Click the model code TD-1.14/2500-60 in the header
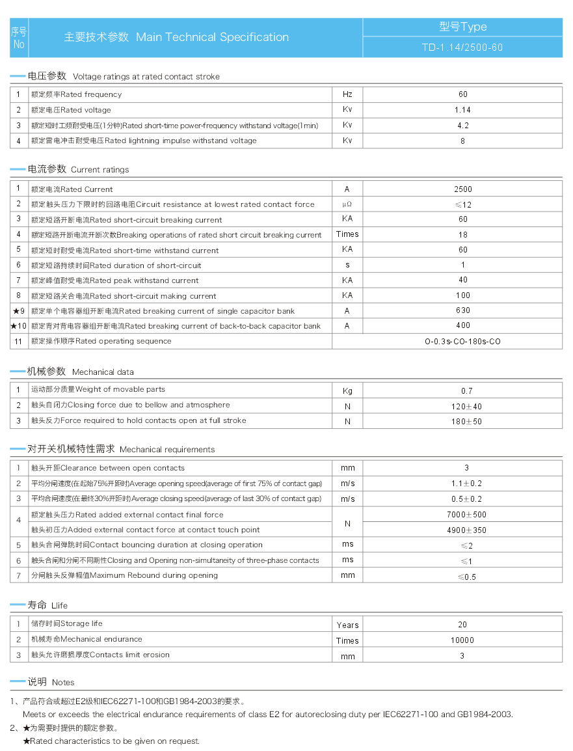(462, 48)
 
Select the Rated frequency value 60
(463, 94)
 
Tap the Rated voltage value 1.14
(463, 110)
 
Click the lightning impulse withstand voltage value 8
(463, 141)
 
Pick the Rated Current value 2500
(463, 189)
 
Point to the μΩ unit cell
(347, 204)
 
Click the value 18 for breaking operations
(463, 235)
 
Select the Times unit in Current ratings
(347, 234)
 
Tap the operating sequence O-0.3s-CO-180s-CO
(462, 341)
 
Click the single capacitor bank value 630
(463, 310)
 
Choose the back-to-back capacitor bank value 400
(463, 325)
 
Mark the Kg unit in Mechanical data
(347, 391)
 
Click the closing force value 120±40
(462, 407)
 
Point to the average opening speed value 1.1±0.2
(466, 484)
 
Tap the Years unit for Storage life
(347, 625)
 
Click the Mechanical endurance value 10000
(462, 640)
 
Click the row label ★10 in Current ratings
(19, 326)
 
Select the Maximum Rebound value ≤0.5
(466, 577)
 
